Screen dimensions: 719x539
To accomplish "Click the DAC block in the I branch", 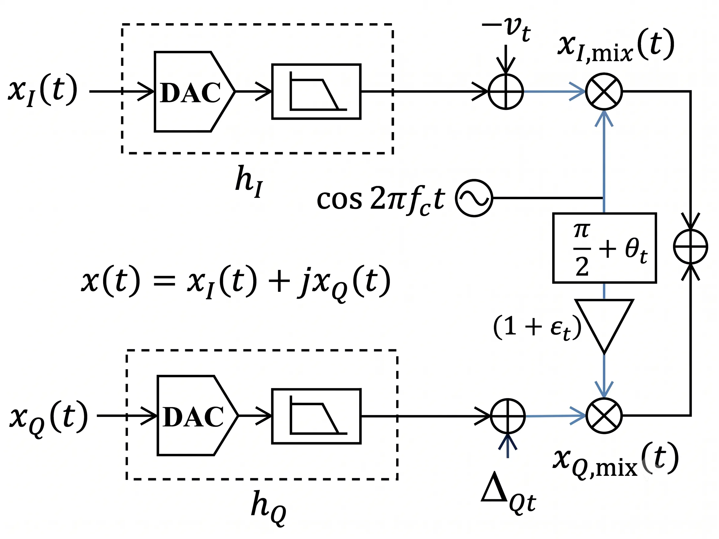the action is tap(194, 92).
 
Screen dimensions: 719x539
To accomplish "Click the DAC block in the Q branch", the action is tap(197, 416).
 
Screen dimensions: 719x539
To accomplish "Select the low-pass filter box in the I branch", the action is tap(316, 92).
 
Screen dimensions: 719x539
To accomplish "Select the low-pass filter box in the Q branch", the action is tap(316, 416).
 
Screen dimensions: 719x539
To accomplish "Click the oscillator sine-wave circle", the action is tap(474, 198).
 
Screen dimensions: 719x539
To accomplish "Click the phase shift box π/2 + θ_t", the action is tap(604, 248).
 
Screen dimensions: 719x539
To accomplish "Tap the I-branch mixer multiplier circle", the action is tap(604, 92).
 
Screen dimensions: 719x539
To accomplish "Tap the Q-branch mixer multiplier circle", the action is tap(604, 416).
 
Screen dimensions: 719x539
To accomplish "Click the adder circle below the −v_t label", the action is tap(506, 92).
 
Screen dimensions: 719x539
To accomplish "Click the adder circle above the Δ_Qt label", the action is tap(508, 416).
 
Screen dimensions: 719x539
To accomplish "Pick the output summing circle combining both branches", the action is tap(690, 247).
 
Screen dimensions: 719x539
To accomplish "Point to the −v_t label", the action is tap(506, 29).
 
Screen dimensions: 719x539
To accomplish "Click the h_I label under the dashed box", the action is tap(249, 181).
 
